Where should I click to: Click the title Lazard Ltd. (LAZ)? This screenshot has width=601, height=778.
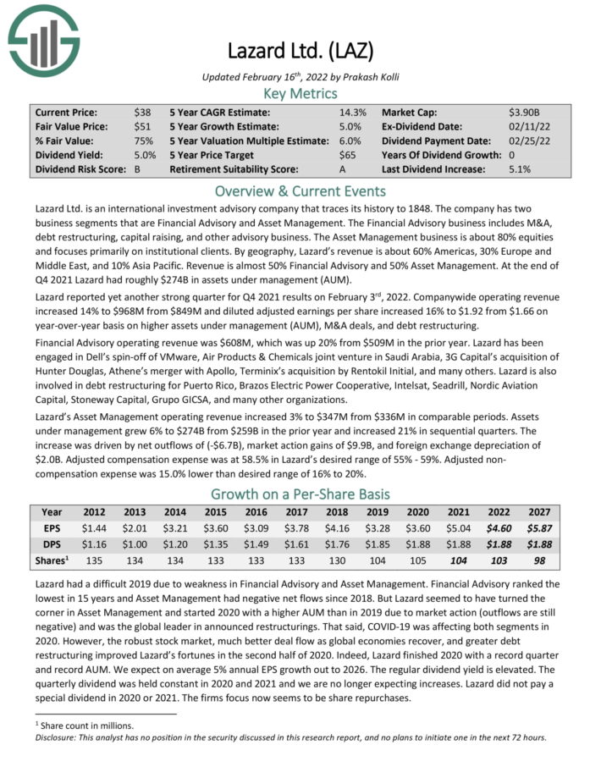tap(300, 50)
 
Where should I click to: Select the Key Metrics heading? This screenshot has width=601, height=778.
tap(300, 93)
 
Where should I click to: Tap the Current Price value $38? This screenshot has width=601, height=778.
tap(142, 112)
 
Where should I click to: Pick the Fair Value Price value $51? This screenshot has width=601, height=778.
tap(142, 126)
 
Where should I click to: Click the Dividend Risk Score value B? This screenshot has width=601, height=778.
tap(138, 169)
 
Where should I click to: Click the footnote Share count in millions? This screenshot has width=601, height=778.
tap(85, 725)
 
